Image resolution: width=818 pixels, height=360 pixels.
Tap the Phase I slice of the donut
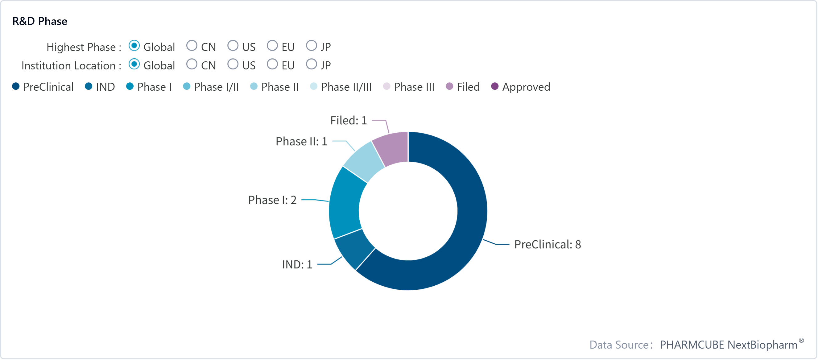point(346,203)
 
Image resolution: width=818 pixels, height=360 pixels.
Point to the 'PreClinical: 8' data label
point(547,244)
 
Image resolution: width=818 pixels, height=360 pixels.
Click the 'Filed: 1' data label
point(348,120)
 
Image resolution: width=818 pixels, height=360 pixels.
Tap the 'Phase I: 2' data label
point(272,200)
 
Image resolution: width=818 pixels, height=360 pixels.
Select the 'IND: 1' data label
point(297,264)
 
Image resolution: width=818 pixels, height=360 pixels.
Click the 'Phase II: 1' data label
point(301,141)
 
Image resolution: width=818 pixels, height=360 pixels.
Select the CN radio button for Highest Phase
point(192,46)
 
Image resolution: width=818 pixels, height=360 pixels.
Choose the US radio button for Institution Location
point(233,64)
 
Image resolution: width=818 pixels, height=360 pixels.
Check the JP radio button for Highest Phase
point(311,46)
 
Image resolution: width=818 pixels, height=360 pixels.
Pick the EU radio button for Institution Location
point(272,64)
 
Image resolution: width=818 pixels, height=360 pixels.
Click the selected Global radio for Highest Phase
point(134,46)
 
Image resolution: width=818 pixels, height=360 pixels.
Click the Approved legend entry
point(520,87)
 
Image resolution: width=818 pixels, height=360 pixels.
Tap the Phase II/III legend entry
point(341,87)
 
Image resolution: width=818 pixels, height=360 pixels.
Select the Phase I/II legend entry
point(211,87)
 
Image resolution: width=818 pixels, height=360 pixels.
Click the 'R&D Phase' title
point(40,21)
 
